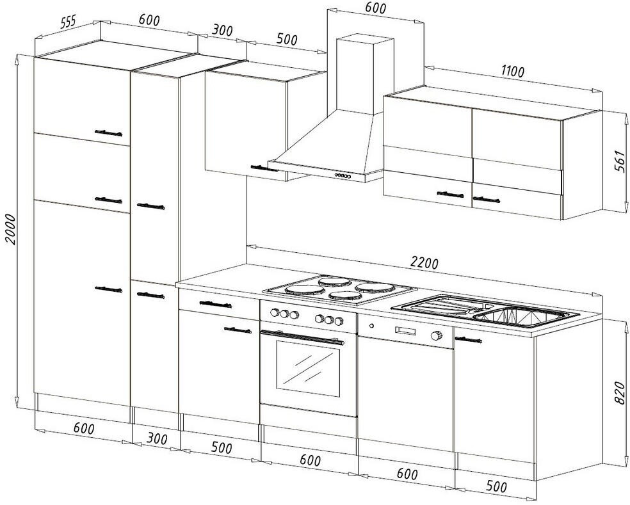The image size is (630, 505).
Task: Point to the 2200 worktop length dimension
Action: (x=423, y=263)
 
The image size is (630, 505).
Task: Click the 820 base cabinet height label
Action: (x=618, y=392)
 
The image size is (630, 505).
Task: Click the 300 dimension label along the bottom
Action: (x=156, y=440)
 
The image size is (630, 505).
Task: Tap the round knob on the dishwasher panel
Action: (x=437, y=336)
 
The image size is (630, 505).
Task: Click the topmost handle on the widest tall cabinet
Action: (x=108, y=132)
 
